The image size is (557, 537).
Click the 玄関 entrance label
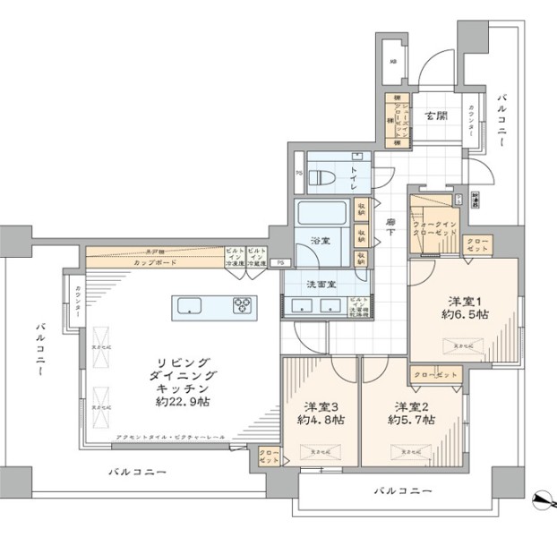pyautogui.click(x=436, y=115)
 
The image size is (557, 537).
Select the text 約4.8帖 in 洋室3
pyautogui.click(x=321, y=419)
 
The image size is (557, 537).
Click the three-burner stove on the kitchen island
pyautogui.click(x=244, y=306)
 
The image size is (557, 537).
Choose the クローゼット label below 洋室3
pyautogui.click(x=267, y=456)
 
